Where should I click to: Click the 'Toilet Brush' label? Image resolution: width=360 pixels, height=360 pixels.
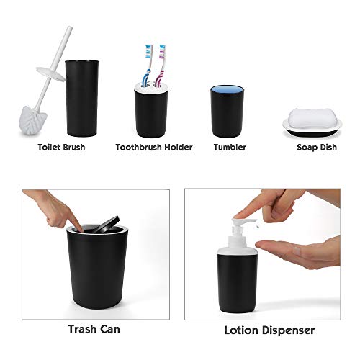61,148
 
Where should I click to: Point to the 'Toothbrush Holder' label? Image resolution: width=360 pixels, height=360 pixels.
154,148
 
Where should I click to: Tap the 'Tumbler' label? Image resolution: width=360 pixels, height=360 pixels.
230,148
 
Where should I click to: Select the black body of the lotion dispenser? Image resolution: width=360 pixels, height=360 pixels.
240,284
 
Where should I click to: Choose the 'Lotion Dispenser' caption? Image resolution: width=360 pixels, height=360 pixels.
269,330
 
